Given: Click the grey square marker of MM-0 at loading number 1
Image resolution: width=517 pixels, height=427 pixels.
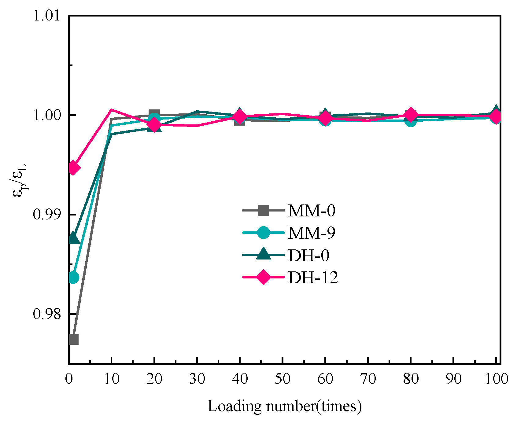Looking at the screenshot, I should [x=73, y=339].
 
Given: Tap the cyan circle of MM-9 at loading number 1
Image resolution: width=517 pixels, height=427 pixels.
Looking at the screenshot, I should [x=73, y=278].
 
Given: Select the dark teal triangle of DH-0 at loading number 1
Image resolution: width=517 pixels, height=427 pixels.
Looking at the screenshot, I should [x=73, y=238].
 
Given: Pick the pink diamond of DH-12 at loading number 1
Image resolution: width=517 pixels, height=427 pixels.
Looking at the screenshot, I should [x=73, y=167].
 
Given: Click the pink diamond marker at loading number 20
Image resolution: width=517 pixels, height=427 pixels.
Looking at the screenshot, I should [x=154, y=125].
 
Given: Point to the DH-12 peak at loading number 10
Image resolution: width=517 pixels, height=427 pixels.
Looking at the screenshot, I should [x=112, y=109].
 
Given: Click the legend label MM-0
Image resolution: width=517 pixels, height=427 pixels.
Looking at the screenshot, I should [x=312, y=211].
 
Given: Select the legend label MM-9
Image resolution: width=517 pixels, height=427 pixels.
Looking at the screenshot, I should [x=312, y=233].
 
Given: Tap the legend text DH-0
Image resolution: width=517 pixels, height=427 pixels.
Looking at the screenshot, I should [x=309, y=255].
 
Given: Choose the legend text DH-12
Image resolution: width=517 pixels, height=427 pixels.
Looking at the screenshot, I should [x=313, y=278].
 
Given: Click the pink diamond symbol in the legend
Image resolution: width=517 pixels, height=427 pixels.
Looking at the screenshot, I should [x=263, y=277].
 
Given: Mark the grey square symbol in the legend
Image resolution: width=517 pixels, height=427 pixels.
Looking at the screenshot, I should [x=263, y=210].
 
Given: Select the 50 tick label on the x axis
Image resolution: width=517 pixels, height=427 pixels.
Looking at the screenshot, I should [x=282, y=379].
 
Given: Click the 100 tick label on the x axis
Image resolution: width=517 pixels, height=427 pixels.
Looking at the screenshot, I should [x=497, y=379].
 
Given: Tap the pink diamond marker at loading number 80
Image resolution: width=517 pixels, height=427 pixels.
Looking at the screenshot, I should [x=411, y=115].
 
